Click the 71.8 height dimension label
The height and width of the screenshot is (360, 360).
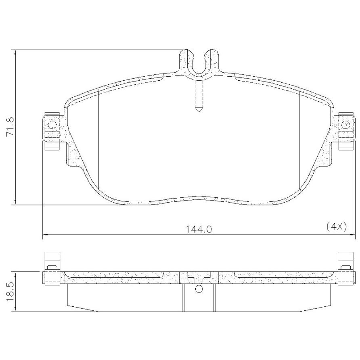coord(10,127)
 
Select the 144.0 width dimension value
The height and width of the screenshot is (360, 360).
coord(199,229)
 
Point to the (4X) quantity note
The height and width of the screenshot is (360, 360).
coord(336,227)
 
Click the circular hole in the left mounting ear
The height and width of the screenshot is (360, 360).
coord(52,125)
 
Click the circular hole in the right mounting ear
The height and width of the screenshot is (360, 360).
coord(345,124)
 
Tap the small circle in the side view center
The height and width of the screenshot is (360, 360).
coord(199,289)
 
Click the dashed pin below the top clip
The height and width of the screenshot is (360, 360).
coord(199,96)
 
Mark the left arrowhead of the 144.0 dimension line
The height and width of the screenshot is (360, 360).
coord(46,234)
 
